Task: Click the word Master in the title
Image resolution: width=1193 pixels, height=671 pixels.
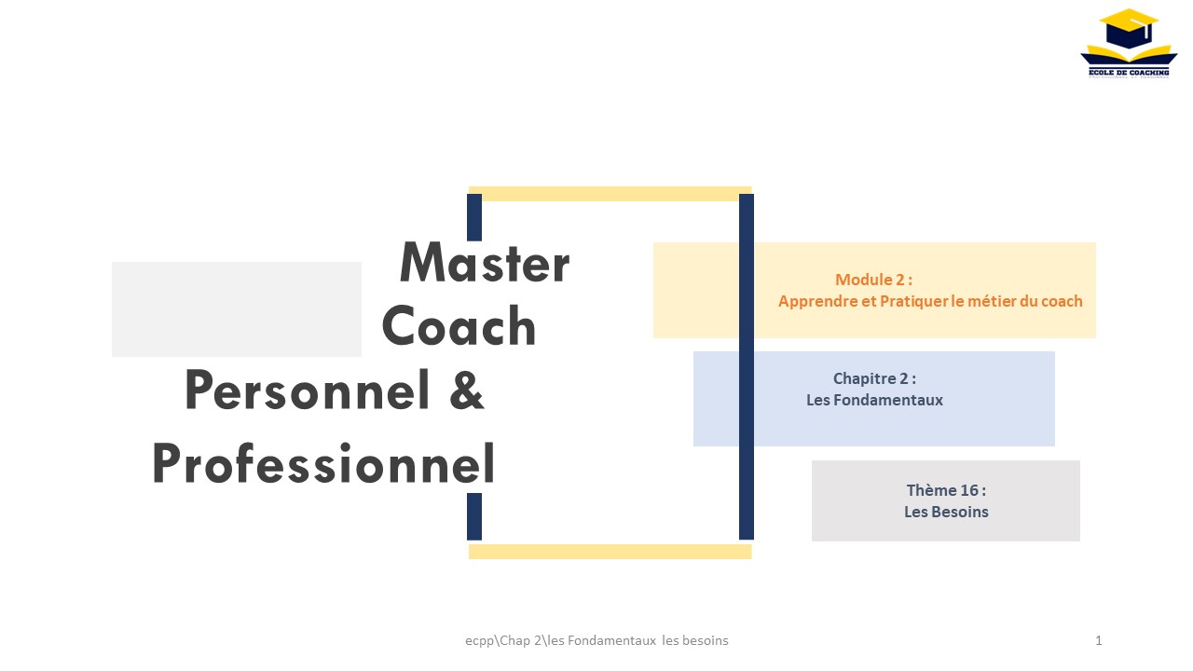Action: click(485, 262)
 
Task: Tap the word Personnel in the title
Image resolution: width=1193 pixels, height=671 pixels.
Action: click(307, 390)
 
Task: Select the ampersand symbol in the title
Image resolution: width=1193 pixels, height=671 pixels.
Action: click(467, 390)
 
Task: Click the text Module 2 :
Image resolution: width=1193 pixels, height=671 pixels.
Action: click(873, 280)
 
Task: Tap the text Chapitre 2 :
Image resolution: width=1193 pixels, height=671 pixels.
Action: click(874, 378)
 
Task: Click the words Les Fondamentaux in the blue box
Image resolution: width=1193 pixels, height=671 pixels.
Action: click(874, 400)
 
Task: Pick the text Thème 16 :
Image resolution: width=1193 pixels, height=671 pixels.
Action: click(946, 490)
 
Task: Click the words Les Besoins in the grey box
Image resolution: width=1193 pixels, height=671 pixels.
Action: click(946, 512)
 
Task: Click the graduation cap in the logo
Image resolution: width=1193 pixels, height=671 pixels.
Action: click(1129, 28)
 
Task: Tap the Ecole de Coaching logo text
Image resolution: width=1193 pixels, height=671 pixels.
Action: click(1129, 73)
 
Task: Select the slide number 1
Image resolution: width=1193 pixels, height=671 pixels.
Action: click(1099, 640)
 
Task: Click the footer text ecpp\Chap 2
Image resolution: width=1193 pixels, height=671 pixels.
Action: click(505, 640)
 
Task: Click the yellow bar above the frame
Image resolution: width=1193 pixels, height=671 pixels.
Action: click(610, 194)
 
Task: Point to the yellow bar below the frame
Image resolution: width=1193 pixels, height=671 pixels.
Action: click(610, 552)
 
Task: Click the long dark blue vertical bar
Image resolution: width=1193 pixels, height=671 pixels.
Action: click(747, 367)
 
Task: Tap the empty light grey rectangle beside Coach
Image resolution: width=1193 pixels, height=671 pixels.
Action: click(237, 309)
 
